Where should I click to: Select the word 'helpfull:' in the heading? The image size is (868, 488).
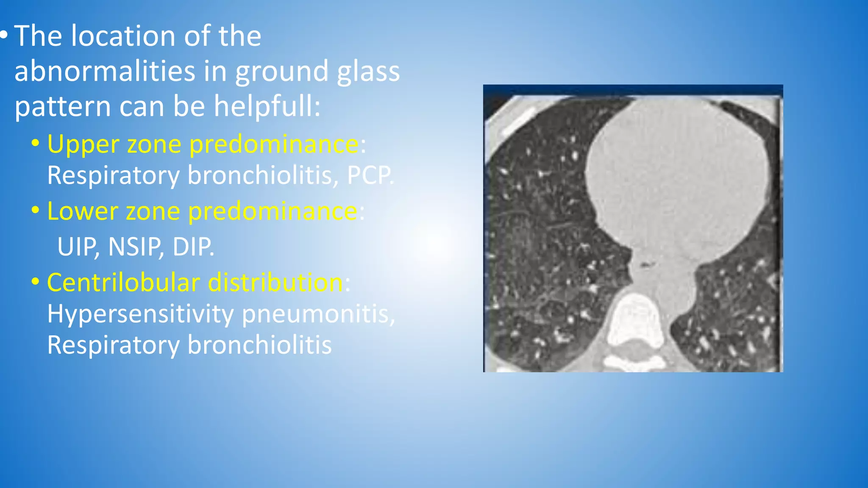click(267, 106)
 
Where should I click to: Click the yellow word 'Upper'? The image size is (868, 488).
click(83, 144)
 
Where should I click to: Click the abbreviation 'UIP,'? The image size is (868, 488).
click(79, 247)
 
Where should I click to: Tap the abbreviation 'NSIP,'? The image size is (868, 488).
click(136, 247)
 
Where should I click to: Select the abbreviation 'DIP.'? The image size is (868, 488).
click(193, 247)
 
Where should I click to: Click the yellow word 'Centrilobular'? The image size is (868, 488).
click(123, 283)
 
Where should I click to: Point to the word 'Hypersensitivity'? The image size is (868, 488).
click(140, 314)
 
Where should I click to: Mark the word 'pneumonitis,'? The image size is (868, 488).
click(318, 314)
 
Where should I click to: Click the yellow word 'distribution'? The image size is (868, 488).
click(275, 283)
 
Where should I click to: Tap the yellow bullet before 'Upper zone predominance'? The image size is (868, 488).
click(36, 144)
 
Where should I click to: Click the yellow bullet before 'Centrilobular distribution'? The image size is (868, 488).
click(36, 282)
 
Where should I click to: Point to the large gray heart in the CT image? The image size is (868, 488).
click(678, 178)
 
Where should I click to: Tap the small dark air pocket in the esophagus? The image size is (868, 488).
click(645, 265)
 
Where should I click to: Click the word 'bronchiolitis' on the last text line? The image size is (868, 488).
click(259, 345)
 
